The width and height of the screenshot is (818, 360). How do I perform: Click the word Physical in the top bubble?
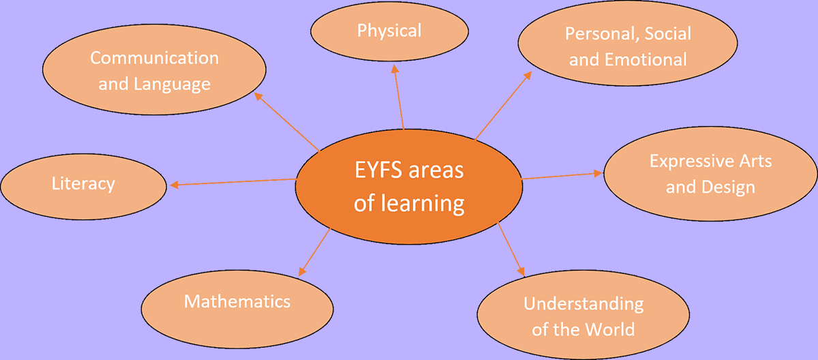[x=389, y=31]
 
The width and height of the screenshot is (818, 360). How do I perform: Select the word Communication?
[x=154, y=58]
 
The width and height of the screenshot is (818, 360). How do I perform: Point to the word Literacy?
[x=83, y=184]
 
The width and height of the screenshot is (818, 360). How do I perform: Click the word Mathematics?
[x=237, y=301]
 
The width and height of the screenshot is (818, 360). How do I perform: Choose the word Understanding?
[x=584, y=303]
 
